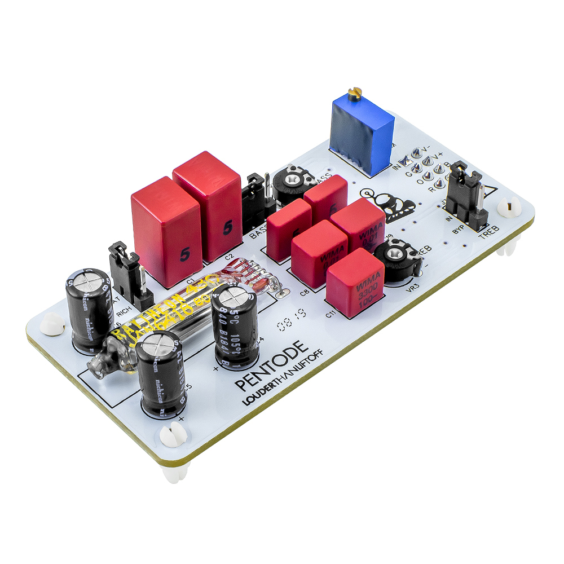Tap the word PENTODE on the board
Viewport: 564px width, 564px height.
coord(272,365)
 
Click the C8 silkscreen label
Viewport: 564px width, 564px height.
coord(305,293)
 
